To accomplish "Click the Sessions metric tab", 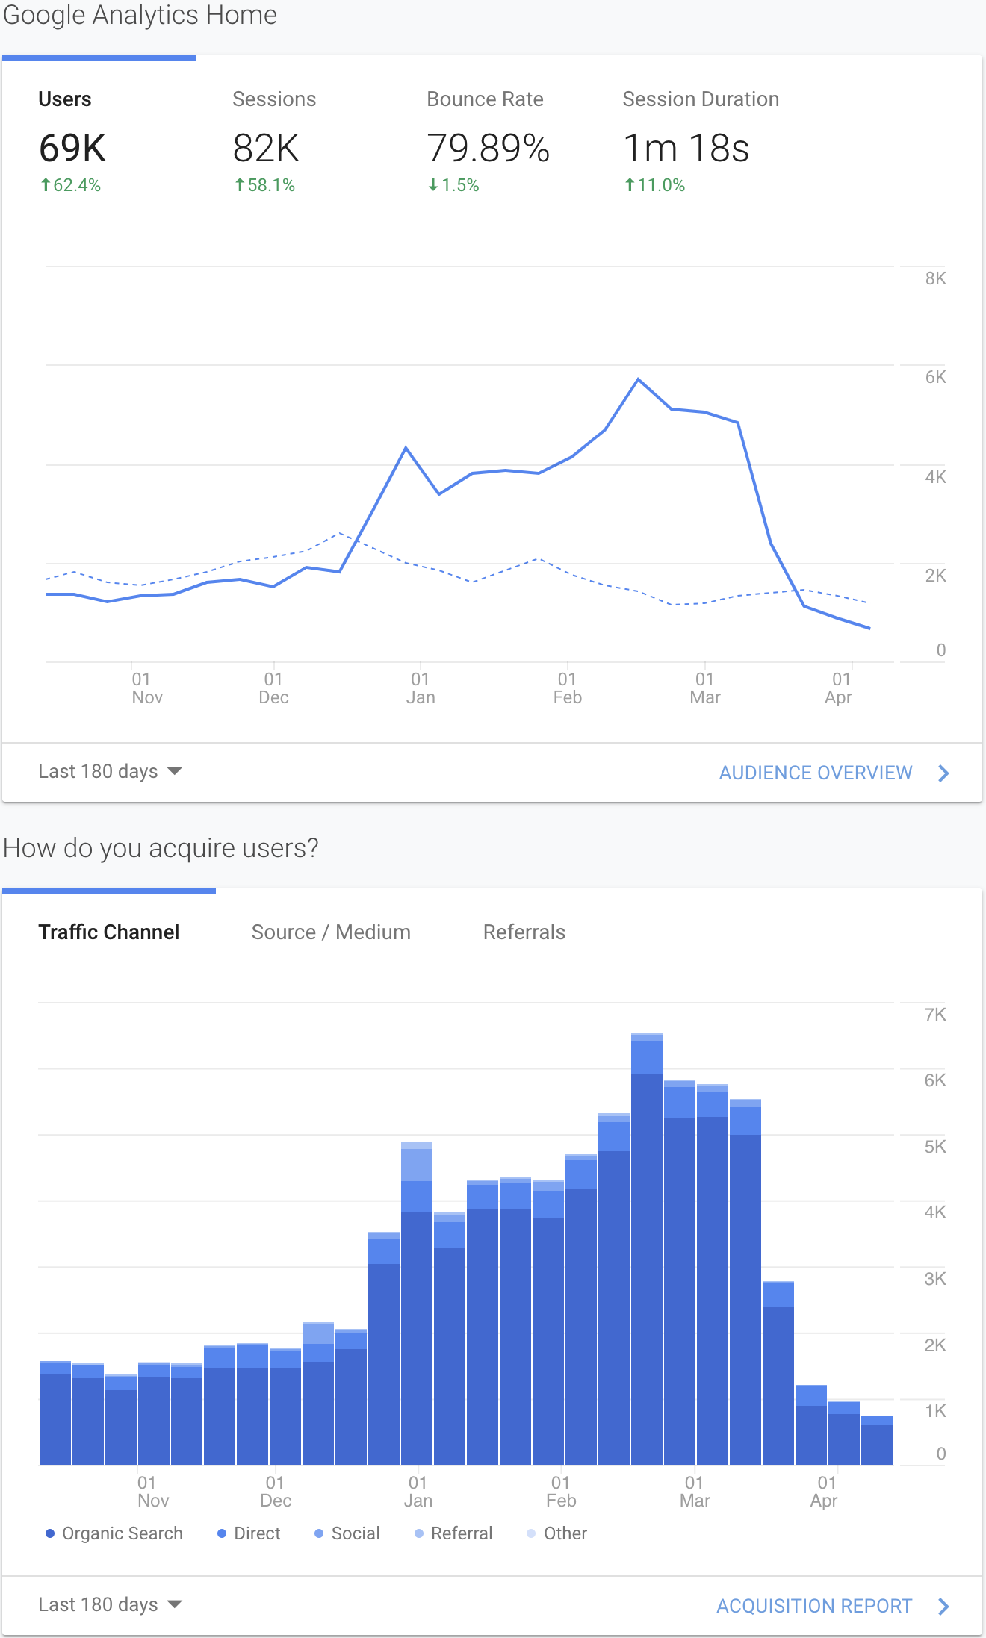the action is [x=274, y=99].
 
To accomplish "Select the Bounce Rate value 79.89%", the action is [x=489, y=148].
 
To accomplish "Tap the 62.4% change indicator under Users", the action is [x=70, y=185].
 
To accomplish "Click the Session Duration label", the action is [x=701, y=99].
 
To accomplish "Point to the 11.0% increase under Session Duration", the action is [x=654, y=185].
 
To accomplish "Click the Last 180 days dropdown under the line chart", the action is [x=110, y=771].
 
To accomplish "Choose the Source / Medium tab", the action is [x=331, y=932].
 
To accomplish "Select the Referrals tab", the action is [x=524, y=932].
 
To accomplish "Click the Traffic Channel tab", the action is [x=109, y=932].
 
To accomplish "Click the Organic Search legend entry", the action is [x=114, y=1533].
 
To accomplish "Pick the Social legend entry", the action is [x=347, y=1533].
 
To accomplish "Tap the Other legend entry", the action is [x=557, y=1533].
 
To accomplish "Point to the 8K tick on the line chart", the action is [x=935, y=278].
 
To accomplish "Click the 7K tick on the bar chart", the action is [x=935, y=1015].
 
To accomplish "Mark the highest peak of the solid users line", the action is [x=639, y=379].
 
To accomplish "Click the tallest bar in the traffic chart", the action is [x=647, y=1248].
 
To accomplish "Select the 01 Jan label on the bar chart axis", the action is [x=418, y=1492].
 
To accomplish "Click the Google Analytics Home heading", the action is [x=140, y=15].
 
